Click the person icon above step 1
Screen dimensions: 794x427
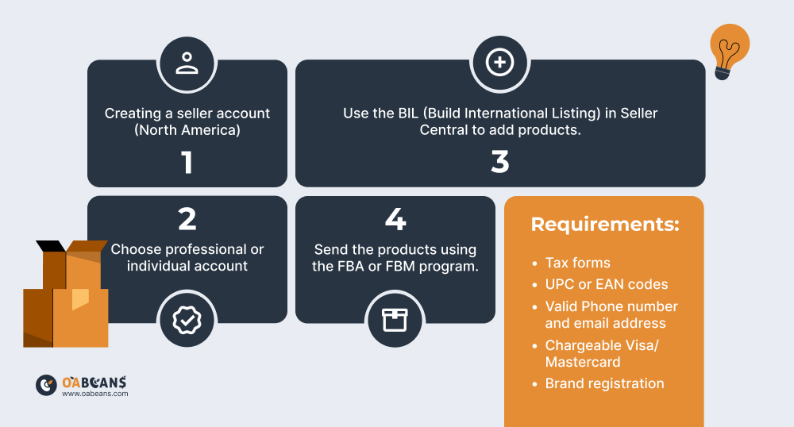pos(187,63)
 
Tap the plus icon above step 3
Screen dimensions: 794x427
pos(499,62)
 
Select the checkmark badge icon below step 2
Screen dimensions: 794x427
pos(187,320)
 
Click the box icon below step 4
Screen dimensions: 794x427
pos(395,320)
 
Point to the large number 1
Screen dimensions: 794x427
pos(187,163)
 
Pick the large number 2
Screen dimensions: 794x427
pos(187,219)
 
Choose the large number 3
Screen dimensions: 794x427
pos(499,162)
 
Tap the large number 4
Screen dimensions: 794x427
pos(395,219)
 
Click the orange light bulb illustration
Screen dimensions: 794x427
pos(729,51)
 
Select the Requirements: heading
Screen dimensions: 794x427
pos(604,224)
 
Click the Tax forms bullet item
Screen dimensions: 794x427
pos(577,263)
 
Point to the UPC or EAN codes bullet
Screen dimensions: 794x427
pos(606,284)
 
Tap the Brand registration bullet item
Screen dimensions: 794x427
pos(604,383)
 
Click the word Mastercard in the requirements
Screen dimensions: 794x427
pos(582,362)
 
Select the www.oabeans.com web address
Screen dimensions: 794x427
pos(95,394)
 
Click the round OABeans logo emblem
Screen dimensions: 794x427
pos(46,386)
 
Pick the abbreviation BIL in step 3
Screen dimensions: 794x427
pos(408,113)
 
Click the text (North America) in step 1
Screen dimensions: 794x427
pos(187,130)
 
